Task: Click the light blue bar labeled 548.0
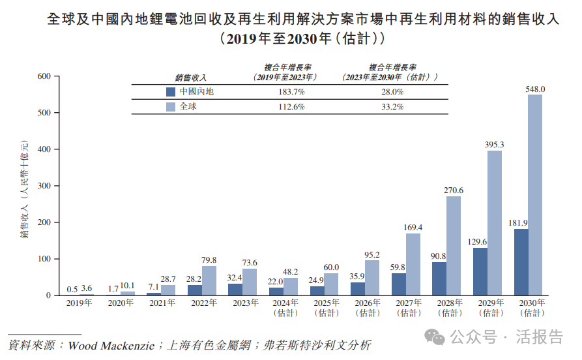[x=535, y=195]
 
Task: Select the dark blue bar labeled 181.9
[x=520, y=262]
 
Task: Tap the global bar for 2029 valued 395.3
[x=494, y=223]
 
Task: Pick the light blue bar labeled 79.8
[x=209, y=280]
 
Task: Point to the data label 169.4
[x=413, y=227]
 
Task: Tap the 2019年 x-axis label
[x=80, y=303]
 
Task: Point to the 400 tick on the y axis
[x=44, y=149]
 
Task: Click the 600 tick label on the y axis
[x=44, y=76]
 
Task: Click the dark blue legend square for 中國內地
[x=171, y=92]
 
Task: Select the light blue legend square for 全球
[x=171, y=106]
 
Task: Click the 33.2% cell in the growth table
[x=392, y=106]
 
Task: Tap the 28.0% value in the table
[x=392, y=92]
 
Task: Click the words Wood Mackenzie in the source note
[x=110, y=344]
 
